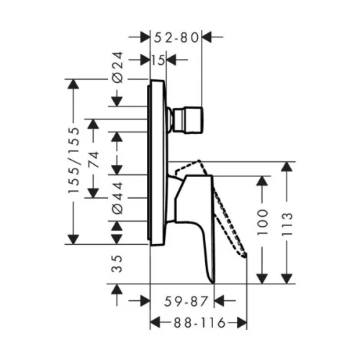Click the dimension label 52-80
click(176, 38)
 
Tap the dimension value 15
click(158, 60)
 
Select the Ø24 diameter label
click(118, 68)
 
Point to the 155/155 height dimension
click(73, 160)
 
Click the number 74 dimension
click(94, 159)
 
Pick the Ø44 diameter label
click(118, 198)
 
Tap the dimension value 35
click(117, 264)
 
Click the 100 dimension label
click(262, 222)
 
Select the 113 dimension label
click(287, 224)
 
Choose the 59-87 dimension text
click(186, 301)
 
